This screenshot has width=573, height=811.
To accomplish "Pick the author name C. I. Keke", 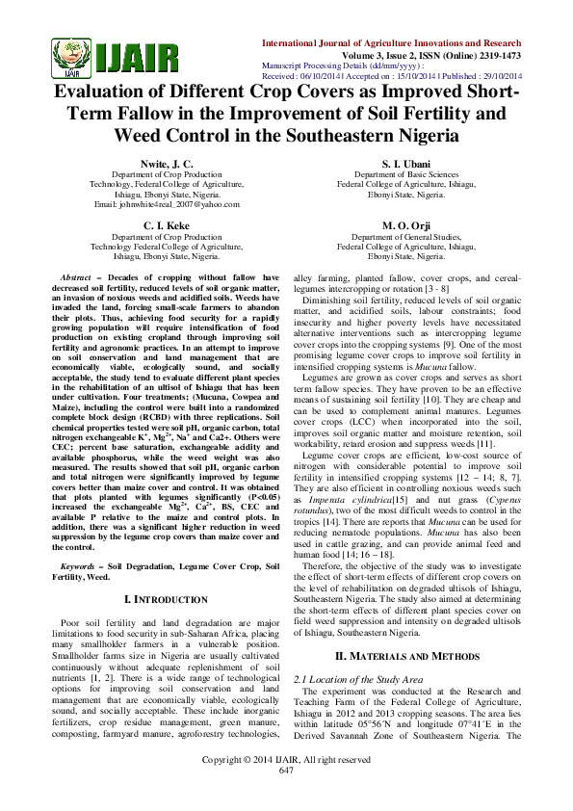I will click(168, 223).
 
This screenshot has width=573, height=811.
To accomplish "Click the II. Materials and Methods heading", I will click(405, 655).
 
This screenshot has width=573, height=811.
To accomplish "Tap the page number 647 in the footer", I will click(286, 798).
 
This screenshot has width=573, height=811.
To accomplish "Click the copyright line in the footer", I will click(286, 786).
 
